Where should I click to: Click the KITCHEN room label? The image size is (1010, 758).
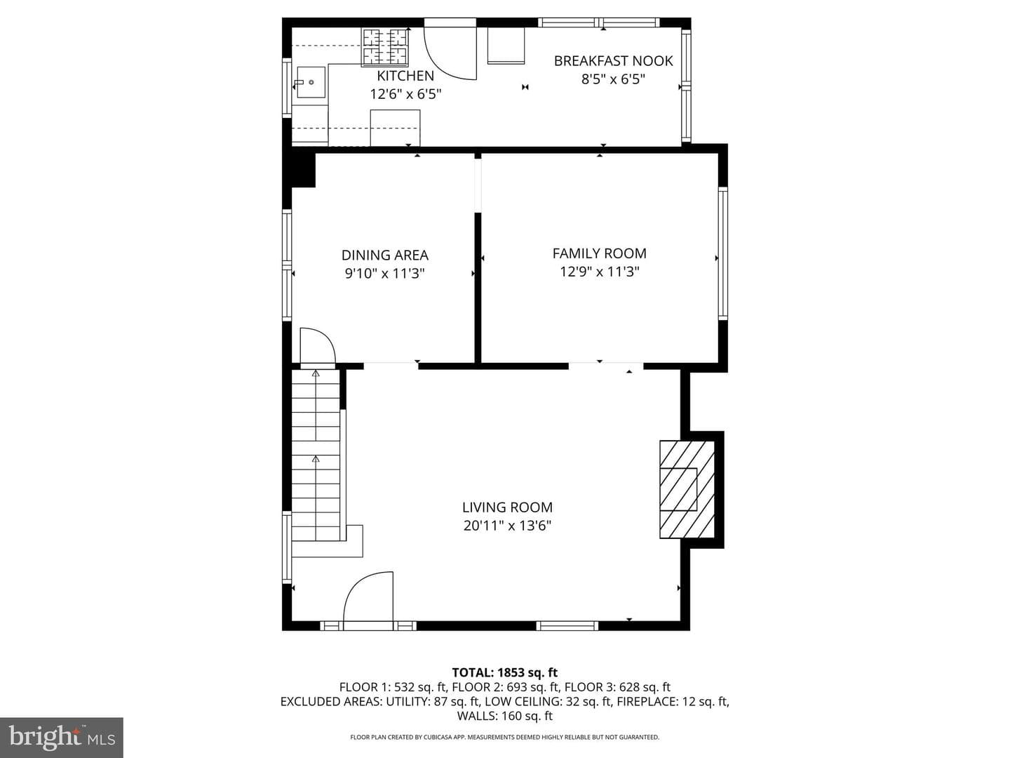[405, 76]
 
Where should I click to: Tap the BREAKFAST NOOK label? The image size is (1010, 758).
[613, 61]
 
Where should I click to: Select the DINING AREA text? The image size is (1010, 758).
[384, 255]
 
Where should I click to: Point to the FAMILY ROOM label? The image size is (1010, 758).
[600, 253]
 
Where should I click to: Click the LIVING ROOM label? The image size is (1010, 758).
[508, 507]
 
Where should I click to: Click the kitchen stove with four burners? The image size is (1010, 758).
[385, 46]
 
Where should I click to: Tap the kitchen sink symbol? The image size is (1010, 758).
[310, 82]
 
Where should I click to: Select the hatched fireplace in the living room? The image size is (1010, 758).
[687, 489]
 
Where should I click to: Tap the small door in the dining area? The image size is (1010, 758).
[318, 345]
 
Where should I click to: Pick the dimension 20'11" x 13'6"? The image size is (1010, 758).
[508, 526]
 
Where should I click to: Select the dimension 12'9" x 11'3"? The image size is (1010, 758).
[600, 272]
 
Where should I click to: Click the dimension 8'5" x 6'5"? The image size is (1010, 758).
[613, 79]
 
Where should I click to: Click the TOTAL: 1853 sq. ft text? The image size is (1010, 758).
[505, 672]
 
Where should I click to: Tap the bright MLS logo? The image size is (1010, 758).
[62, 737]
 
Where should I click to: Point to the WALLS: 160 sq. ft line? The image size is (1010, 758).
[505, 716]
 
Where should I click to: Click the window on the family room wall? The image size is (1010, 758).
[723, 253]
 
